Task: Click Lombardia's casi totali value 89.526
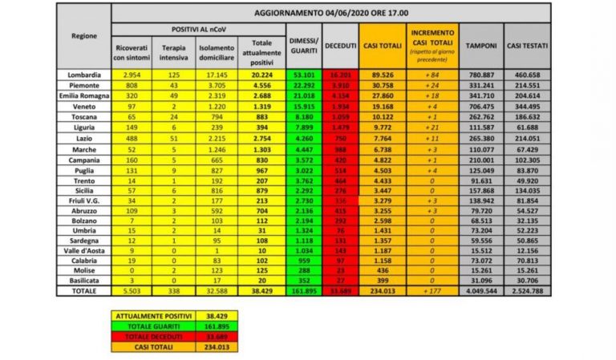click(x=381, y=75)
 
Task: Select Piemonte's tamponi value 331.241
click(x=481, y=84)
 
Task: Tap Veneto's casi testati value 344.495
click(x=527, y=103)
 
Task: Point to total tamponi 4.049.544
click(x=481, y=291)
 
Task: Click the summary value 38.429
click(x=207, y=318)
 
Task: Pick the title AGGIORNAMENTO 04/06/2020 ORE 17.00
click(x=330, y=14)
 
